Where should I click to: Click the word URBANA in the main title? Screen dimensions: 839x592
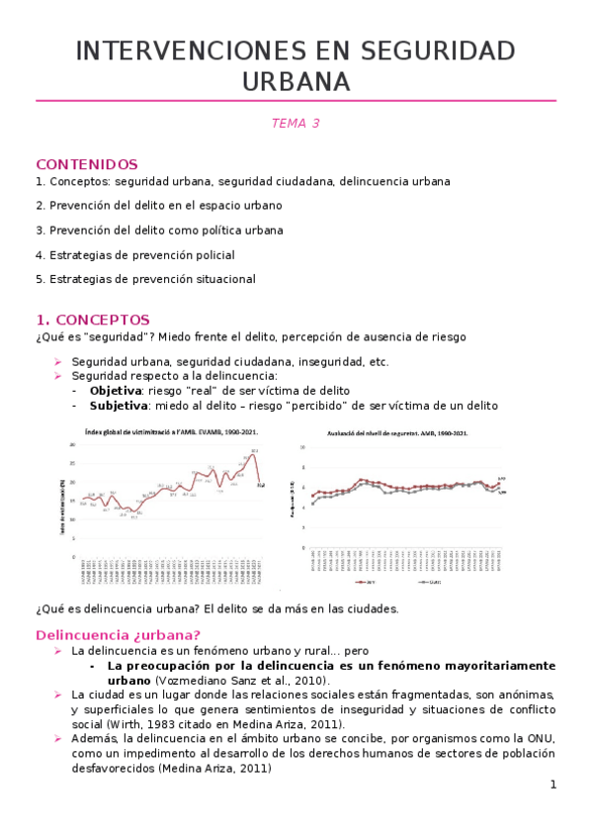pos(296,80)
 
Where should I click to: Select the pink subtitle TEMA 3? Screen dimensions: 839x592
pos(296,124)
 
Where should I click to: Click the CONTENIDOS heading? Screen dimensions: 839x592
pos(87,164)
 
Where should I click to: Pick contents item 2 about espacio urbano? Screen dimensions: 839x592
pos(158,206)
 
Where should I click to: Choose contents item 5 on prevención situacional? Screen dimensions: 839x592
pos(145,279)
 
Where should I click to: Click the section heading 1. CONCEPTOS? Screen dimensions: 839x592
pos(93,320)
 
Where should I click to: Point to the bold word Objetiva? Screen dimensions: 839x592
pos(117,390)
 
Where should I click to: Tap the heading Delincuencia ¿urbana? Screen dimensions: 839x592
pos(118,634)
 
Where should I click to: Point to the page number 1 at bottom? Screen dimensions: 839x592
pos(553,785)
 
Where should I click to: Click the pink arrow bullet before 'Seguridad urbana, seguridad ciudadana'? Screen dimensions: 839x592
pos(58,362)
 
